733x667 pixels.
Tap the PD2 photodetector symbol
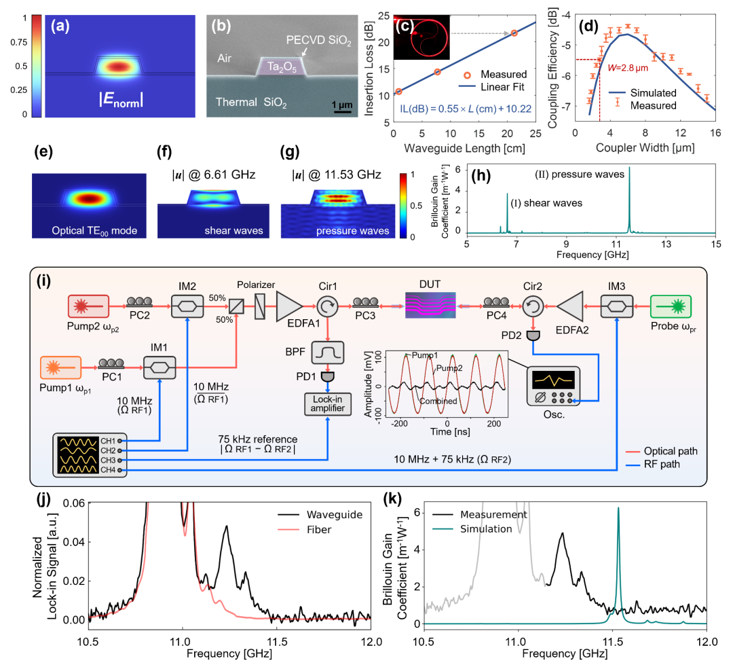(x=531, y=336)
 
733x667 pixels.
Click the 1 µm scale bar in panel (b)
(x=342, y=109)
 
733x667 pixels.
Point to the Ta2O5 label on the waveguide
(x=281, y=68)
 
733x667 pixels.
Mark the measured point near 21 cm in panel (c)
(x=514, y=33)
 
